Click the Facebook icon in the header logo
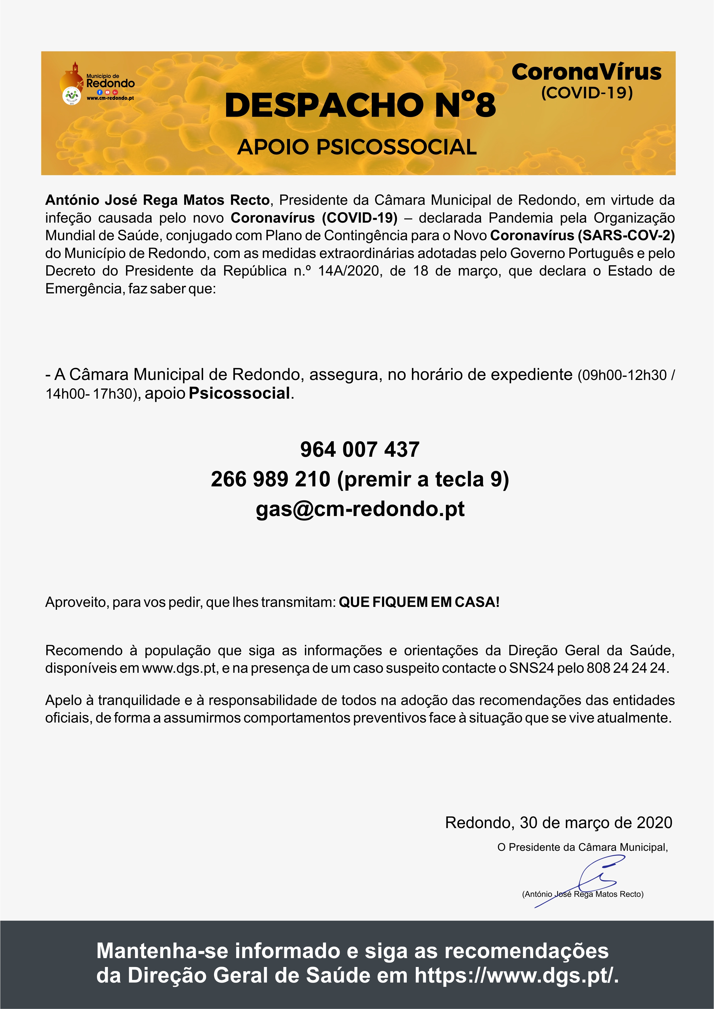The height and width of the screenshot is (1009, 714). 100,92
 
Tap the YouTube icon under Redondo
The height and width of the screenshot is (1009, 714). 107,92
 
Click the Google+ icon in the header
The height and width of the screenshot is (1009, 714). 115,92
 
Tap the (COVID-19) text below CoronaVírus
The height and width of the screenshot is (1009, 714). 587,93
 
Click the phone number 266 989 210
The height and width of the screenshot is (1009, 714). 270,479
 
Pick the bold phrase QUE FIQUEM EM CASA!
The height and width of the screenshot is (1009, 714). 419,602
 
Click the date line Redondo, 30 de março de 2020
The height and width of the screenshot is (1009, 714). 558,823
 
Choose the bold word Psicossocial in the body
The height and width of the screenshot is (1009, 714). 240,393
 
